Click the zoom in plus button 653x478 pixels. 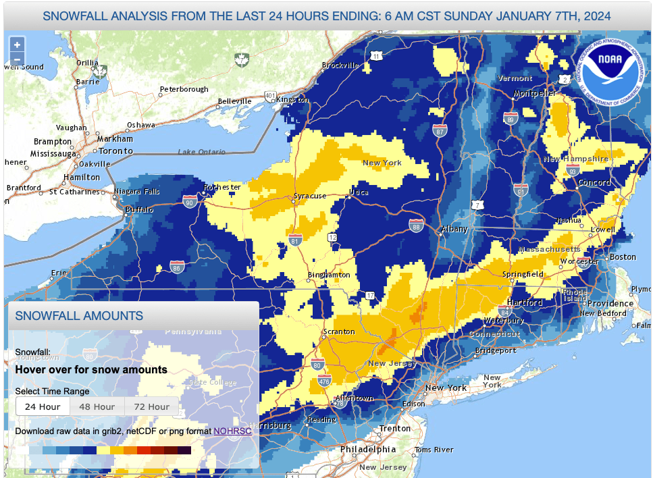[17, 45]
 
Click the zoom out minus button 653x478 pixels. [17, 59]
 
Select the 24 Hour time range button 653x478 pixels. [43, 406]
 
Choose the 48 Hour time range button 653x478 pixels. [97, 406]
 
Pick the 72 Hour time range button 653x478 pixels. [151, 406]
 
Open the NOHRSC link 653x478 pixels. [232, 431]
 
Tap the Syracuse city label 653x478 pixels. [310, 196]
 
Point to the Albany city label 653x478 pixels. [454, 229]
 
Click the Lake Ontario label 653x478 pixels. [201, 152]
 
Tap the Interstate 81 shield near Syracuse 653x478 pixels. [294, 239]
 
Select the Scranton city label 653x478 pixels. [339, 331]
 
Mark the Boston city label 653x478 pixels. [622, 257]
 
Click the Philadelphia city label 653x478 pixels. [368, 449]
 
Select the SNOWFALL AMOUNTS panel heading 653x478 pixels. [79, 316]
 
